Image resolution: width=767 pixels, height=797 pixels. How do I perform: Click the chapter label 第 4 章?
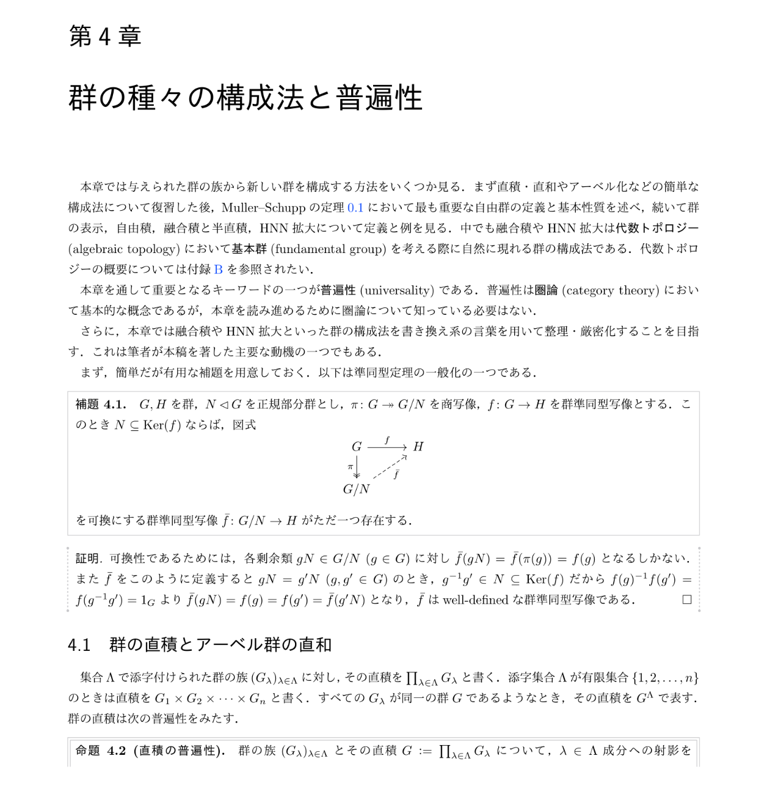(105, 37)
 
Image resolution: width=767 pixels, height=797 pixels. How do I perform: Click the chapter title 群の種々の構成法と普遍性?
(245, 98)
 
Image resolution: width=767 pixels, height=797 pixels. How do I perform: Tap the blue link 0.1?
(355, 208)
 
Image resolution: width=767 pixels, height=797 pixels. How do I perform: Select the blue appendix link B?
(218, 270)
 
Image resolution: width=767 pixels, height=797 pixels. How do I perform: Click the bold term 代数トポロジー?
(657, 229)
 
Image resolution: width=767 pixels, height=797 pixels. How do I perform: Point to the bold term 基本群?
(249, 249)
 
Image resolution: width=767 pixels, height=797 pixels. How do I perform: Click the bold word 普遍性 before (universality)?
(338, 290)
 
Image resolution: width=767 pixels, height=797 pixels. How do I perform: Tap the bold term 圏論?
(546, 290)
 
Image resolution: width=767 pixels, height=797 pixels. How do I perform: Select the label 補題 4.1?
(101, 405)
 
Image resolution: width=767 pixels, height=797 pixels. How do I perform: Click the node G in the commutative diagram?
(357, 447)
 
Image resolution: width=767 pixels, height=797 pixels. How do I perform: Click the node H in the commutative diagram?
(418, 447)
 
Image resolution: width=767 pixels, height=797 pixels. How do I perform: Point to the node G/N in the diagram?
(357, 489)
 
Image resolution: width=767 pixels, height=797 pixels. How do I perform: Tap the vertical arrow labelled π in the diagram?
(357, 467)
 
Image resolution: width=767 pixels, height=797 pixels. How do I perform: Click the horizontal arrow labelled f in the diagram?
(387, 447)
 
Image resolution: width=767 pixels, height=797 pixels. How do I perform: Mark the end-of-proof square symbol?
(686, 600)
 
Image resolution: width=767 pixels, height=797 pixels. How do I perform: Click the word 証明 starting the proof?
(88, 559)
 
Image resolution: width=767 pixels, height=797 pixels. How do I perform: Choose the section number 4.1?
(79, 645)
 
